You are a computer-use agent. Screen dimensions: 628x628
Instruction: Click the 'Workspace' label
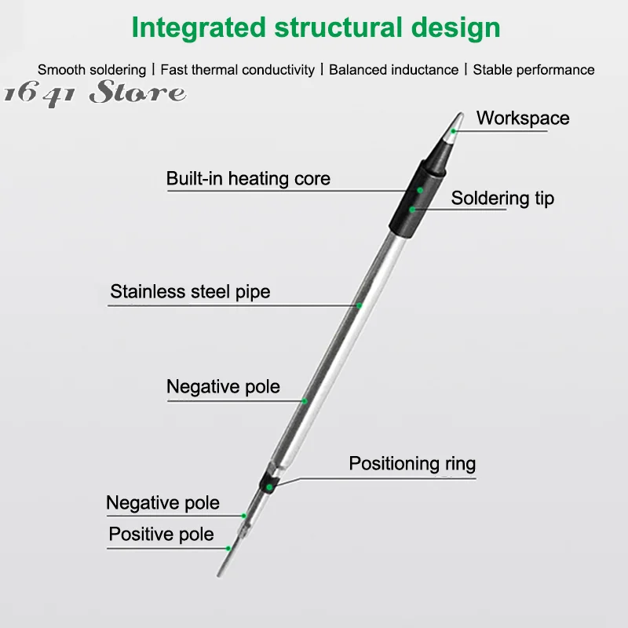pyautogui.click(x=523, y=119)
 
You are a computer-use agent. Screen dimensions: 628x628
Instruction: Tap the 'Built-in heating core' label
pyautogui.click(x=248, y=179)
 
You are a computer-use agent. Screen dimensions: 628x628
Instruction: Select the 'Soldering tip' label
pyautogui.click(x=502, y=199)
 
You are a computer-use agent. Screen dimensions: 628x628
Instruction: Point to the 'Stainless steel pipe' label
pyautogui.click(x=190, y=292)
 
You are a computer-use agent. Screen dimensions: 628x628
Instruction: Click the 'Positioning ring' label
pyautogui.click(x=412, y=464)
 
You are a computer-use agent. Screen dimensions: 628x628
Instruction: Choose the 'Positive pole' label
pyautogui.click(x=161, y=535)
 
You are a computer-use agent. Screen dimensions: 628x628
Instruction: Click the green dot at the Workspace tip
pyautogui.click(x=454, y=131)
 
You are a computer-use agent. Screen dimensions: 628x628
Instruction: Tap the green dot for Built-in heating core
pyautogui.click(x=420, y=190)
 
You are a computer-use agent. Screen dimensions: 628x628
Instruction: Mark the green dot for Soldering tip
pyautogui.click(x=412, y=210)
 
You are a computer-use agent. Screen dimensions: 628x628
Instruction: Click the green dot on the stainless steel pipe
pyautogui.click(x=359, y=305)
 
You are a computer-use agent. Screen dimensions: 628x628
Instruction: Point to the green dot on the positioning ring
pyautogui.click(x=269, y=487)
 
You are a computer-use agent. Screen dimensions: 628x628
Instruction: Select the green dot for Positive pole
pyautogui.click(x=228, y=548)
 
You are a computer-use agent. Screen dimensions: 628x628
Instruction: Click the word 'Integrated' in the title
pyautogui.click(x=199, y=28)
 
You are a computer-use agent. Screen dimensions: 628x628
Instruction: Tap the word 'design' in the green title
pyautogui.click(x=456, y=28)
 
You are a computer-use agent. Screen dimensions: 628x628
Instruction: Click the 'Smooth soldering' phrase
pyautogui.click(x=92, y=70)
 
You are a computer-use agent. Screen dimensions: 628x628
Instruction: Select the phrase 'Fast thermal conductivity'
pyautogui.click(x=238, y=70)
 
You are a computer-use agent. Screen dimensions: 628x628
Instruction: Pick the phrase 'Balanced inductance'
pyautogui.click(x=394, y=70)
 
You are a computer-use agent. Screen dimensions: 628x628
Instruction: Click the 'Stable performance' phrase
pyautogui.click(x=534, y=70)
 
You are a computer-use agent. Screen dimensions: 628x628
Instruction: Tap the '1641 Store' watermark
pyautogui.click(x=95, y=93)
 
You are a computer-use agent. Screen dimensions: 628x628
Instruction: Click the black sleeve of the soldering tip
pyautogui.click(x=417, y=199)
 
